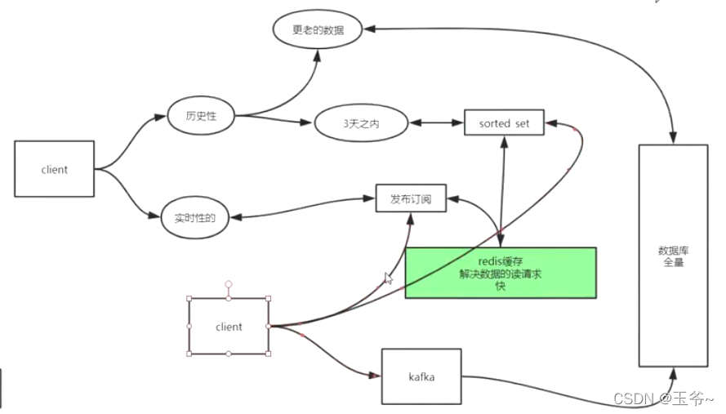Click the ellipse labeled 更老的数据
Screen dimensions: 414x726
tap(318, 30)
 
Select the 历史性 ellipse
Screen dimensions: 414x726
tap(200, 115)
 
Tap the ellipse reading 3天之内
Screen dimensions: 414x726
tap(361, 124)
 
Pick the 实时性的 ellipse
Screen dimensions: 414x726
tap(194, 218)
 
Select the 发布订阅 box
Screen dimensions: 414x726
tap(411, 198)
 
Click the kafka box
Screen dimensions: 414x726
tap(421, 376)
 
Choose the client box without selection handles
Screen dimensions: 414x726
tap(54, 169)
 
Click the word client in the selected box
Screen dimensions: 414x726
tap(229, 327)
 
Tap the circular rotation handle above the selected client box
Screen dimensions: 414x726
tap(229, 285)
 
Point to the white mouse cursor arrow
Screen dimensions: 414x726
tap(389, 278)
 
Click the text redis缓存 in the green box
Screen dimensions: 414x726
tap(500, 261)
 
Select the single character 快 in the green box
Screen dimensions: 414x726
tap(500, 287)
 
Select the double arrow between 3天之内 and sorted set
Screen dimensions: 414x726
tap(435, 124)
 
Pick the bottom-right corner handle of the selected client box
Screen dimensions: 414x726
tap(268, 354)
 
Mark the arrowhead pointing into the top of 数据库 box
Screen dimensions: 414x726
tap(673, 139)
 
